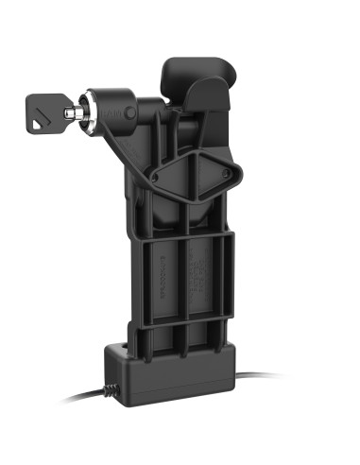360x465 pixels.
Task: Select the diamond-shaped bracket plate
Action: click(195, 176)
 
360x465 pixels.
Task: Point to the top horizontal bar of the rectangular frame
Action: click(184, 241)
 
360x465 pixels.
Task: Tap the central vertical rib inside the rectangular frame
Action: click(186, 284)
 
